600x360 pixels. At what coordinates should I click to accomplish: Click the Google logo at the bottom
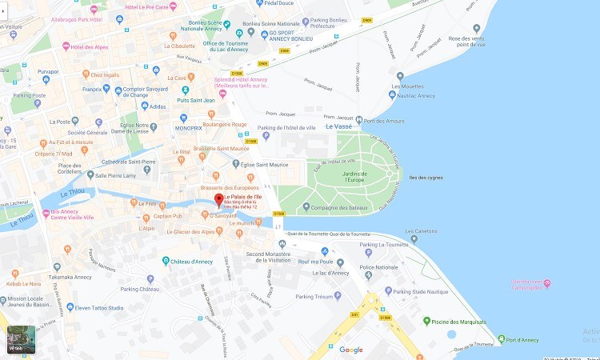coord(350,350)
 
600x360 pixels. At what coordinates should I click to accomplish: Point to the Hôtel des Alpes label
coord(89,47)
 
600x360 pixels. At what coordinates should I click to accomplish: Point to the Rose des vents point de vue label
coord(467,42)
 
